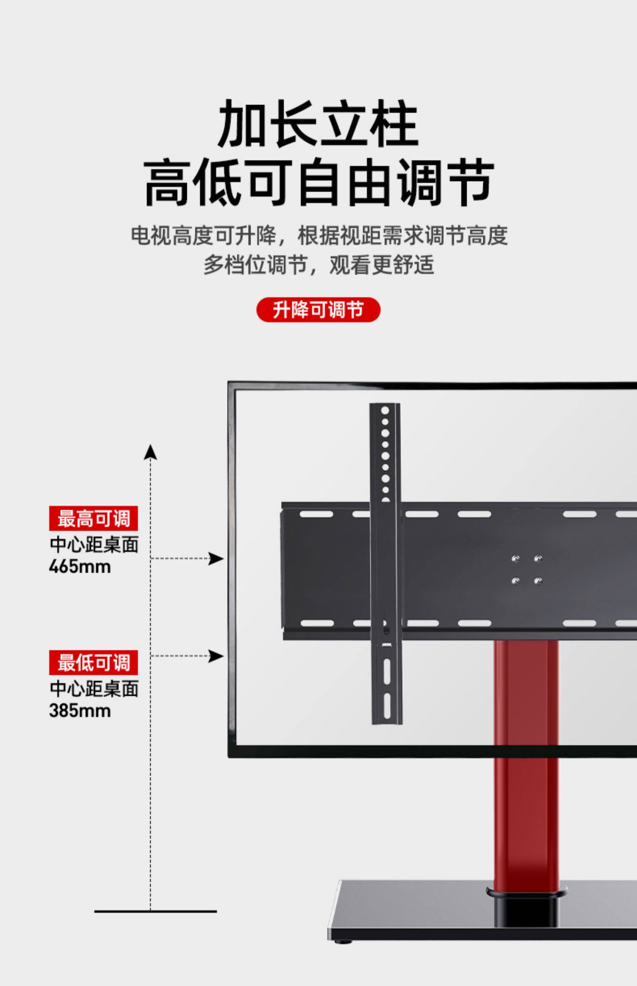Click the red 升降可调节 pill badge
pyautogui.click(x=318, y=310)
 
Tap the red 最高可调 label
pyautogui.click(x=93, y=518)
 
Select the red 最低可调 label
pyautogui.click(x=93, y=662)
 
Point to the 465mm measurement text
pyautogui.click(x=80, y=567)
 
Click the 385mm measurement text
pyautogui.click(x=80, y=711)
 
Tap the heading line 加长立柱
pyautogui.click(x=318, y=124)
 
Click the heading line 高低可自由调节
pyautogui.click(x=318, y=183)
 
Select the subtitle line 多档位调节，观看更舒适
pyautogui.click(x=318, y=265)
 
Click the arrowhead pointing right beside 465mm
pyautogui.click(x=216, y=558)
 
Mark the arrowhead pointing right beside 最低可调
pyautogui.click(x=216, y=656)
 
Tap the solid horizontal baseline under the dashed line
pyautogui.click(x=155, y=911)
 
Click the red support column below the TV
pyautogui.click(x=526, y=807)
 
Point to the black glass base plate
pyautogui.click(x=425, y=930)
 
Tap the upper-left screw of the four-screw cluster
pyautogui.click(x=516, y=558)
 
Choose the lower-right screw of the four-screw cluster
pyautogui.click(x=538, y=581)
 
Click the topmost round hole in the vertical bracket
pyautogui.click(x=385, y=411)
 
